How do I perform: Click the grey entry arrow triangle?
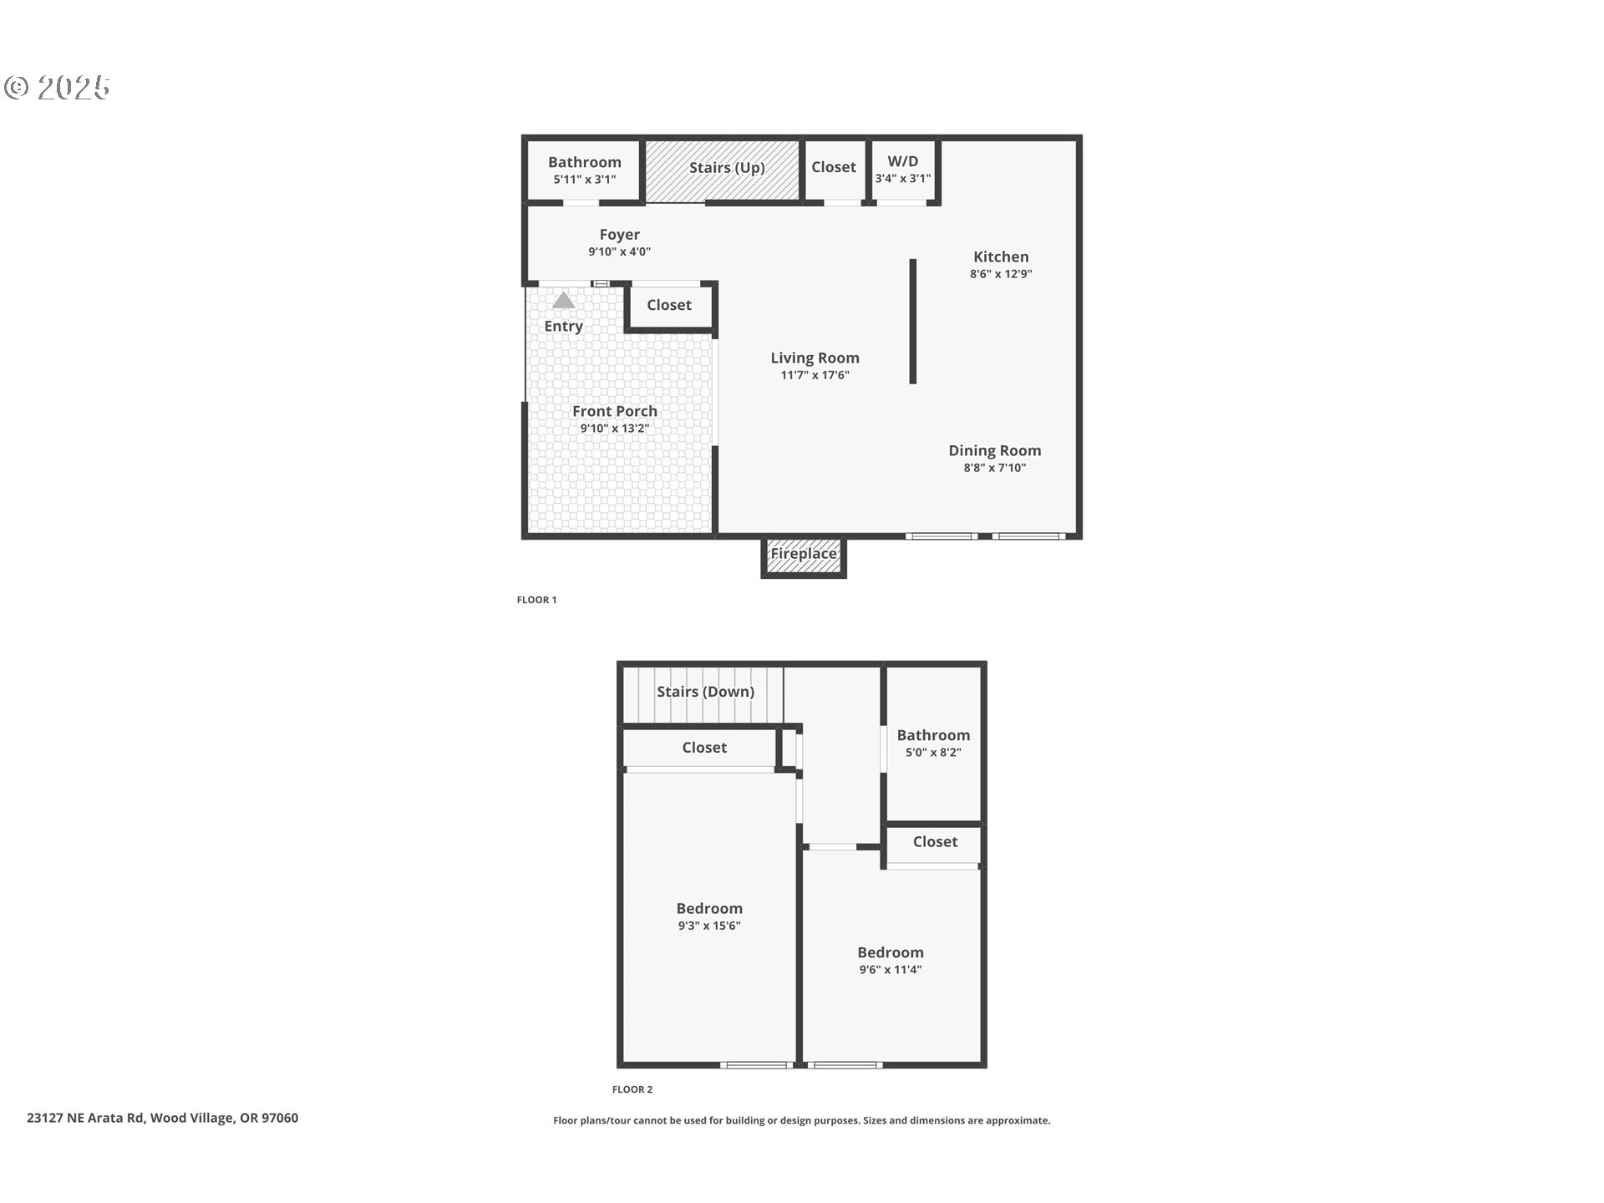tap(563, 301)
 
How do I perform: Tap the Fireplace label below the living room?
tap(803, 554)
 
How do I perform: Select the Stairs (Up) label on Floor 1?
tap(726, 168)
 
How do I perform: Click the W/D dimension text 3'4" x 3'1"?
tap(902, 179)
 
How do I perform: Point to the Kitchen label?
tap(1000, 257)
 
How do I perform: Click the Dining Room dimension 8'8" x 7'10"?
tap(994, 468)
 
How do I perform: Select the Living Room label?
tap(815, 358)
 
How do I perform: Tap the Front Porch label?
tap(614, 412)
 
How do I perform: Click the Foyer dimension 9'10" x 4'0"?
tap(619, 252)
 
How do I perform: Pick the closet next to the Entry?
tap(669, 306)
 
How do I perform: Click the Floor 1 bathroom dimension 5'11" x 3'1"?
tap(584, 180)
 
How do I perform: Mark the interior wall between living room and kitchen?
tap(912, 322)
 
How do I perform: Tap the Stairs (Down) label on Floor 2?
tap(705, 692)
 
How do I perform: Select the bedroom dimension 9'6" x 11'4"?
tap(890, 970)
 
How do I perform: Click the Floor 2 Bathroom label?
tap(933, 735)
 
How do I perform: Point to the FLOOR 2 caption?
tap(632, 1089)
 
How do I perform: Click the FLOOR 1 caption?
tap(536, 600)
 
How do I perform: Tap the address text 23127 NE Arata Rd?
tap(162, 1118)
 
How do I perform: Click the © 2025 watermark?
tap(58, 88)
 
